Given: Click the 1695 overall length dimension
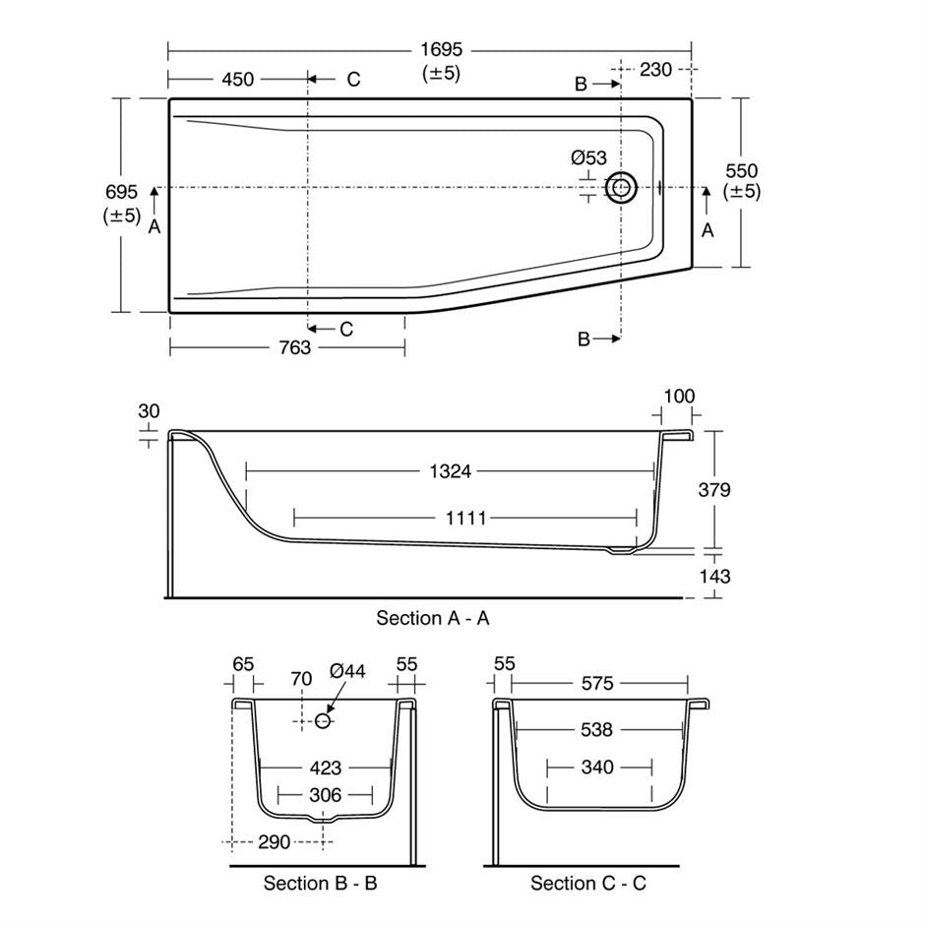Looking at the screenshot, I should [442, 50].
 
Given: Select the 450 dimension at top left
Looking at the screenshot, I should [237, 80].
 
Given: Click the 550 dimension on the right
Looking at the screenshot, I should [741, 171].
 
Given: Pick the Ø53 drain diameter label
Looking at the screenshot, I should [588, 157].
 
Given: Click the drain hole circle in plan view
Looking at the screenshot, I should [621, 187].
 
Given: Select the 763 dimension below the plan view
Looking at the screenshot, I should [294, 347].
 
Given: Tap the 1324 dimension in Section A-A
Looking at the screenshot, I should [450, 472].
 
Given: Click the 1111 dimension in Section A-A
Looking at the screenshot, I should [465, 518].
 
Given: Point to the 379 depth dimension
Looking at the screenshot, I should [713, 489].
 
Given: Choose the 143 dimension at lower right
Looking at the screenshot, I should [713, 576].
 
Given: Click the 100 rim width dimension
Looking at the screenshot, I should [678, 397].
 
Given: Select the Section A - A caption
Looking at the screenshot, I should [433, 618].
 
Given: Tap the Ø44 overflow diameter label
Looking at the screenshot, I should [348, 671].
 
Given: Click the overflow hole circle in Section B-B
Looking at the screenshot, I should [322, 721].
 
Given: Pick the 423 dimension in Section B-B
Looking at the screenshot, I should [326, 768].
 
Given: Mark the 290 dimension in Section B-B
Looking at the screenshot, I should [275, 842].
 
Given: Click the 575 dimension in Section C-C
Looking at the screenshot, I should [596, 683].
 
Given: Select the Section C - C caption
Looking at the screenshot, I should [588, 883].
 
